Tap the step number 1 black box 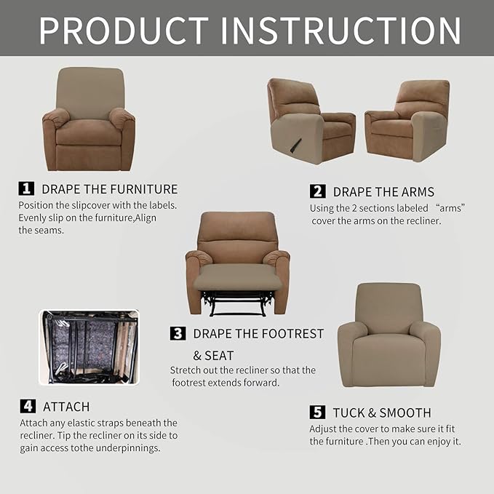(x=26, y=188)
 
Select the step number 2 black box (x=317, y=191)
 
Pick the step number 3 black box (x=178, y=333)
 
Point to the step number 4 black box (x=27, y=406)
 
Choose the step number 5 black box (x=317, y=413)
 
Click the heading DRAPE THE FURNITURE (x=109, y=189)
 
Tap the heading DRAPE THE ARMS (x=383, y=192)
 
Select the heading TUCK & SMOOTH (x=382, y=413)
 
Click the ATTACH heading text (x=66, y=407)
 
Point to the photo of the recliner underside (x=89, y=347)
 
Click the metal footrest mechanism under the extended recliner (x=236, y=303)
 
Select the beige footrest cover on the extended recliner (x=236, y=277)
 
